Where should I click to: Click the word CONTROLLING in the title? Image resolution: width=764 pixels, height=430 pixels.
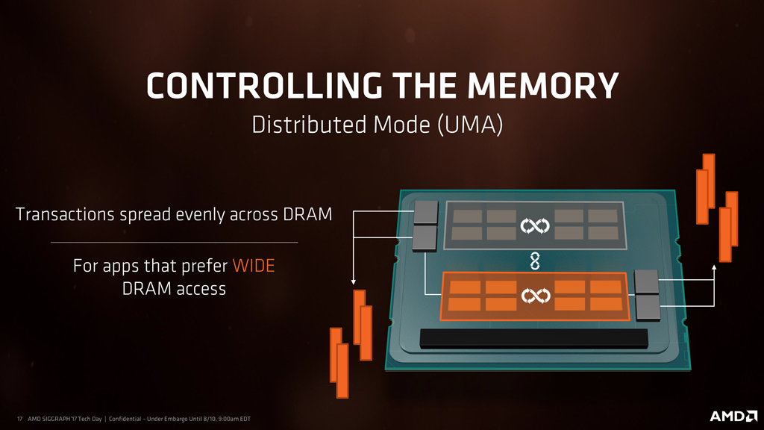pos(264,86)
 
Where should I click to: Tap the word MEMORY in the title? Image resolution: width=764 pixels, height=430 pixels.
pos(543,86)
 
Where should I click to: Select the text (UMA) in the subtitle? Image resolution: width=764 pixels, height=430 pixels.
pos(470,125)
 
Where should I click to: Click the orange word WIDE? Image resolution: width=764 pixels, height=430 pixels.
pos(254,266)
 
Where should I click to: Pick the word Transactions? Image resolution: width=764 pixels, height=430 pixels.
pos(65,214)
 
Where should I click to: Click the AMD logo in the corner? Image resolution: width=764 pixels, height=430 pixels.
pos(733,416)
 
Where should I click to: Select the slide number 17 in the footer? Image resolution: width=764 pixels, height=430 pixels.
pos(19,419)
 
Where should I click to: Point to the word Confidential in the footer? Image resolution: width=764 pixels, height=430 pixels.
pos(125,419)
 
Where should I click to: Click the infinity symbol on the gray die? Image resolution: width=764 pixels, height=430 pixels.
pos(534,225)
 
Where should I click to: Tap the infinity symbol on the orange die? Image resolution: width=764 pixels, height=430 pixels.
pos(536,296)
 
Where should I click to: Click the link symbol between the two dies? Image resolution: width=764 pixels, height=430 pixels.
pos(534,261)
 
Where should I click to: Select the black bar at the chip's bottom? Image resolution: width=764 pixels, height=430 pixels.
pos(534,338)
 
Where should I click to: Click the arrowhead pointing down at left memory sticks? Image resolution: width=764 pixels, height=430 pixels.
pos(353,281)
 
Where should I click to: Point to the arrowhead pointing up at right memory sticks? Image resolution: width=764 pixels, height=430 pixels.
pos(714,268)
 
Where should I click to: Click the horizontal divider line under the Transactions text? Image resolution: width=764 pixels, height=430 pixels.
pos(174,243)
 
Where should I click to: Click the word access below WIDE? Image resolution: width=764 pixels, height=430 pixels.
pos(201,289)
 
